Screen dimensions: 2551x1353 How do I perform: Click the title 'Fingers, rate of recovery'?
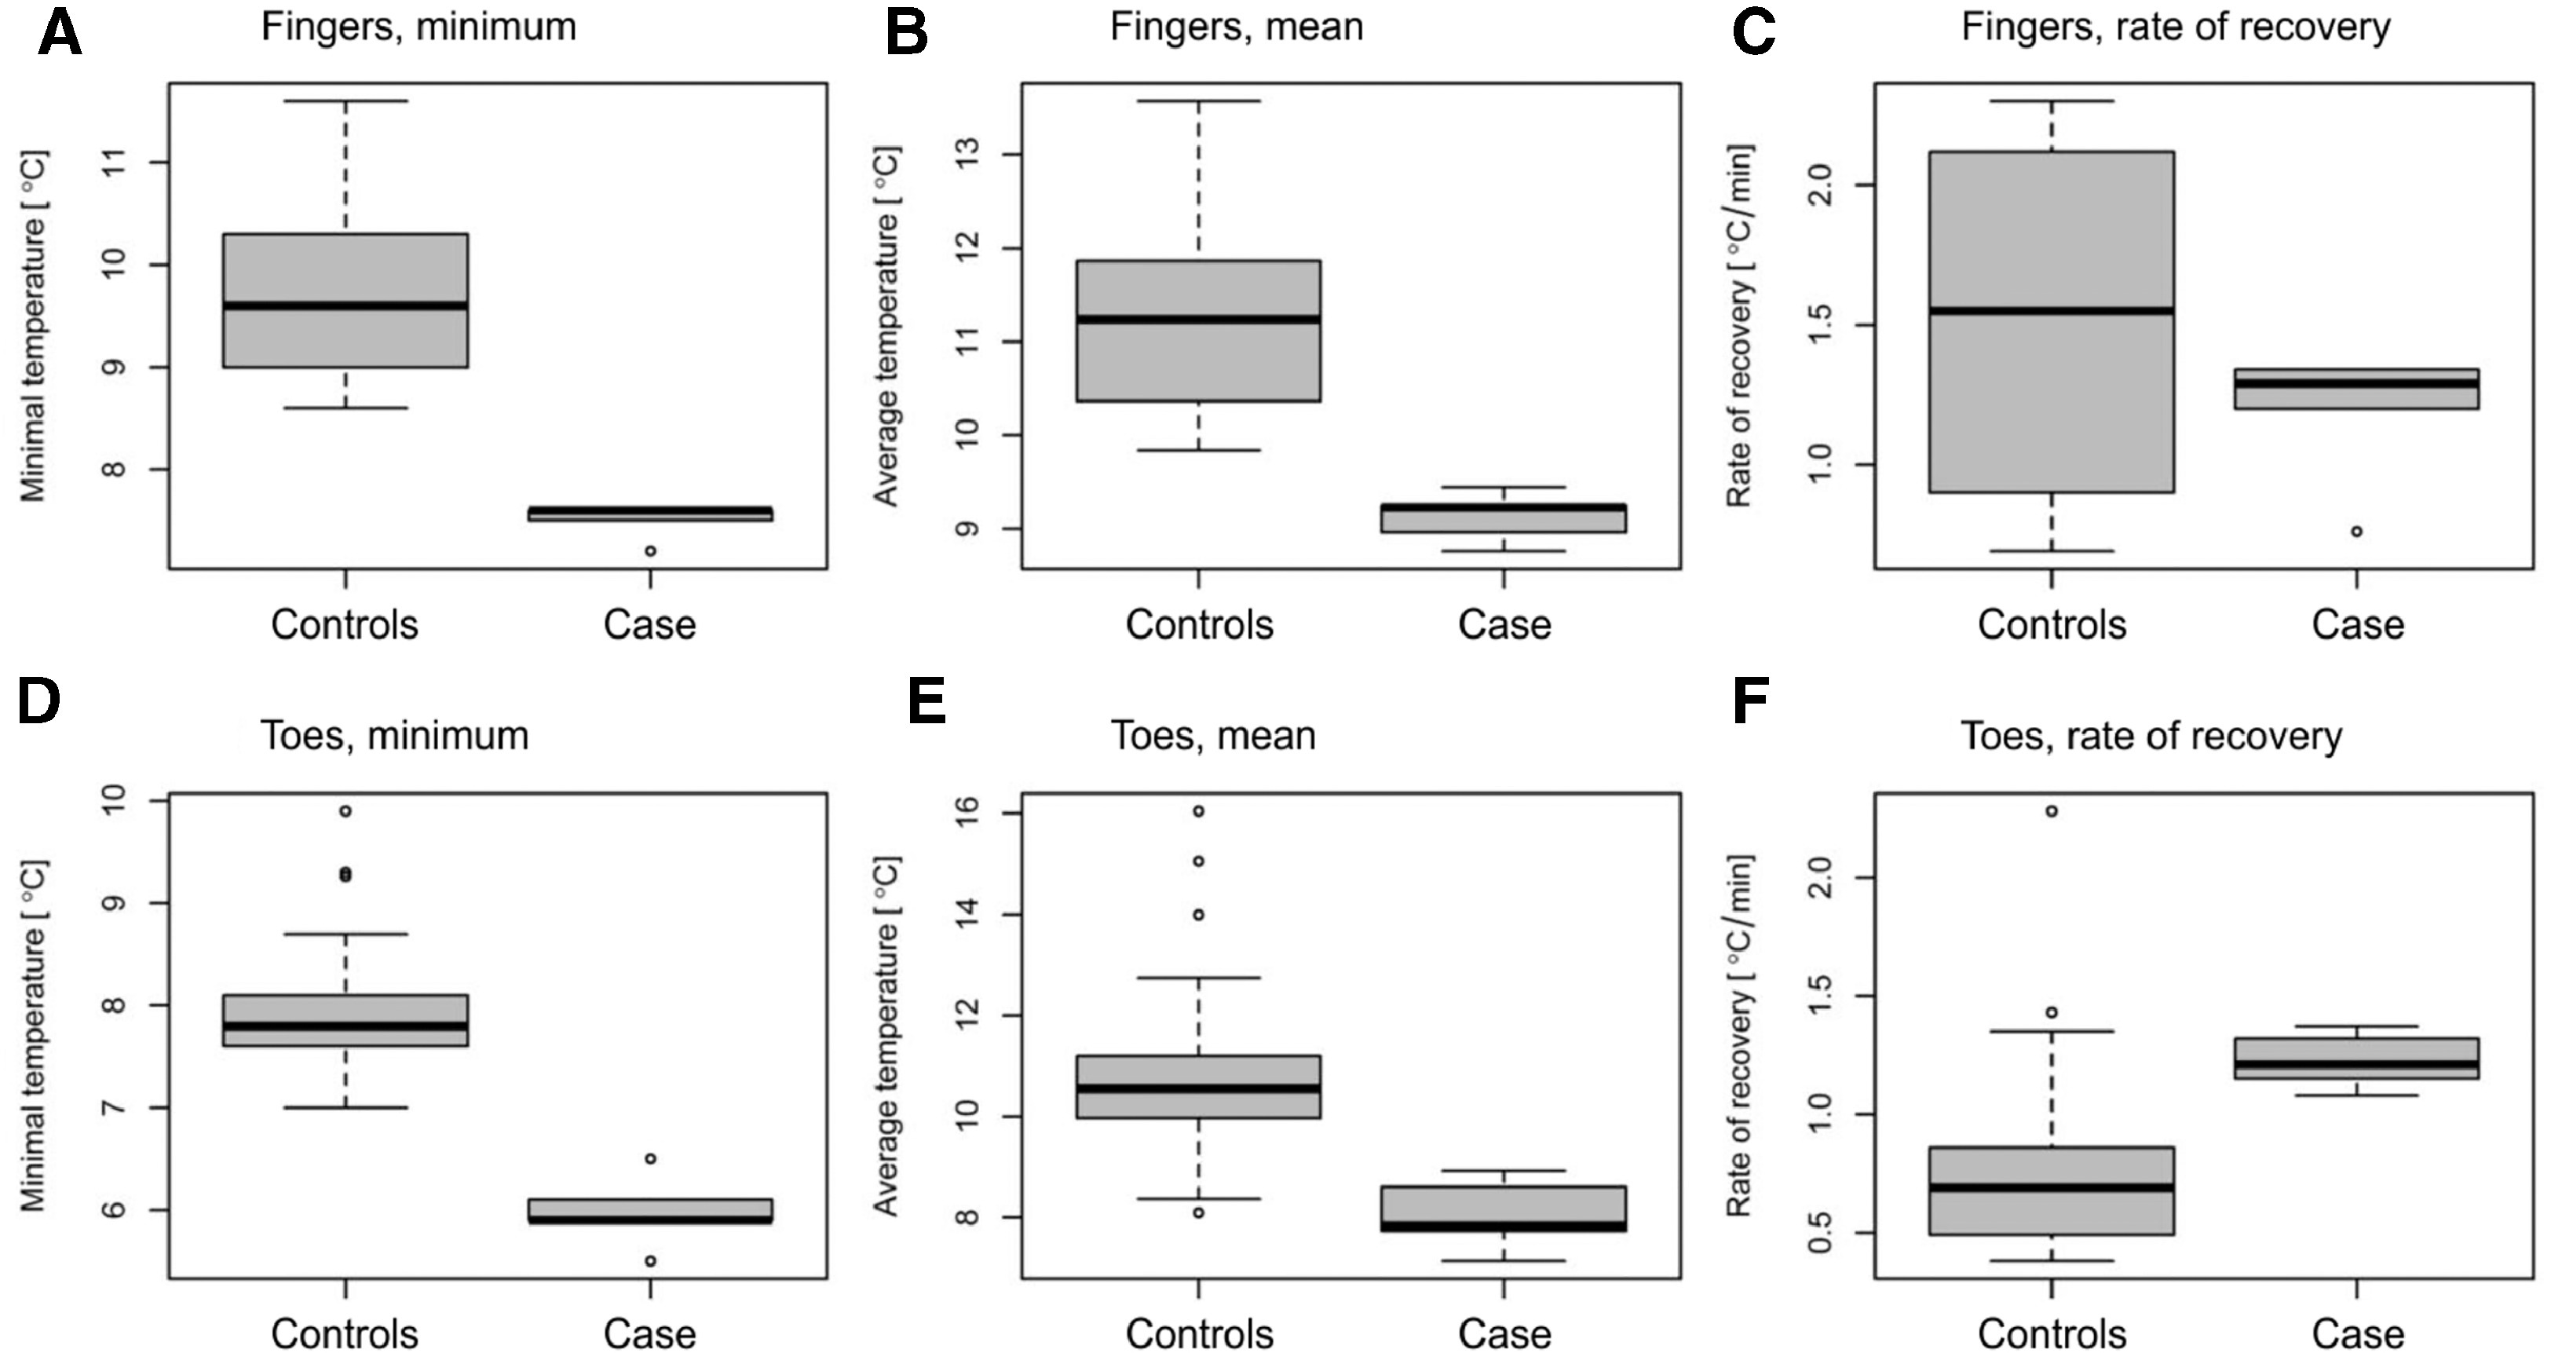click(2176, 27)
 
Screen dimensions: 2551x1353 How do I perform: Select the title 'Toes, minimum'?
click(394, 736)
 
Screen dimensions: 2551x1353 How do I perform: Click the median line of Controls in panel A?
click(345, 305)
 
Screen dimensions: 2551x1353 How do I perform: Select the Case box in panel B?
click(1504, 518)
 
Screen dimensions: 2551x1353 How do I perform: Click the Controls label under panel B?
click(1199, 625)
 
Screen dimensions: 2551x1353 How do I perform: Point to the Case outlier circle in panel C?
click(2357, 532)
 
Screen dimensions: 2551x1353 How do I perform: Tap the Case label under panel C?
click(2357, 625)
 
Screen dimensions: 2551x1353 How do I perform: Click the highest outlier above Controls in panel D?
click(345, 811)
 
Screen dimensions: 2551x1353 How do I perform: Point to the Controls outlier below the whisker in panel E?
click(1199, 1212)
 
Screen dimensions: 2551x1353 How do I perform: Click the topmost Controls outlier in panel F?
click(2052, 811)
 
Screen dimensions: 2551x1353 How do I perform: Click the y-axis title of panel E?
click(886, 1036)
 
